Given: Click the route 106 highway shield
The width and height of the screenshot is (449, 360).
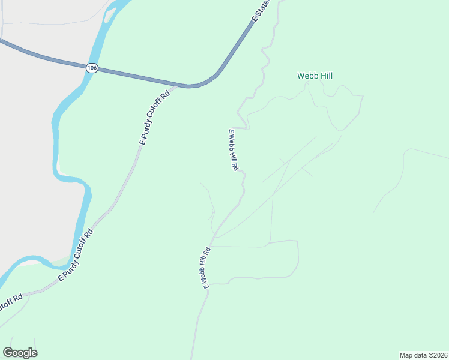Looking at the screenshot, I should (x=91, y=68).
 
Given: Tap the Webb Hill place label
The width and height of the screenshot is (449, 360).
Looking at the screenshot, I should (x=315, y=76).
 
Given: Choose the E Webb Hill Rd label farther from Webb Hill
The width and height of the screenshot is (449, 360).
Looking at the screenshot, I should (x=205, y=268).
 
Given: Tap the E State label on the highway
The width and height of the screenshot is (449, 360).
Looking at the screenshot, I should (x=261, y=11).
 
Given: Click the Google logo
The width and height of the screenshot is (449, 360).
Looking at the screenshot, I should (x=20, y=353).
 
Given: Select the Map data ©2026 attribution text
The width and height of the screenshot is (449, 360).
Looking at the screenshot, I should (x=423, y=355).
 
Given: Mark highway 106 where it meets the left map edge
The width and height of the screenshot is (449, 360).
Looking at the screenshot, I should (x=2, y=41).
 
